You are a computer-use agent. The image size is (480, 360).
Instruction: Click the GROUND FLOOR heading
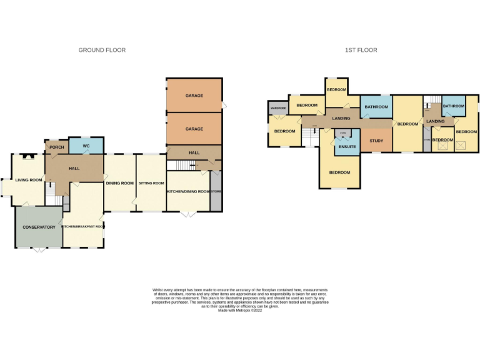[x=102, y=50]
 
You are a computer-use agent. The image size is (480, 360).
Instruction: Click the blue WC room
[x=87, y=146]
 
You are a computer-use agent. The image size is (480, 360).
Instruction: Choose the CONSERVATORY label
[x=39, y=227]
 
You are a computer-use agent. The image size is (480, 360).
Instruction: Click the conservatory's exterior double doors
[x=39, y=249]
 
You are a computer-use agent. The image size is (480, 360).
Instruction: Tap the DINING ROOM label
[x=119, y=183]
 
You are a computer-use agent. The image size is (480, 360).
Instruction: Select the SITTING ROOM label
[x=151, y=183]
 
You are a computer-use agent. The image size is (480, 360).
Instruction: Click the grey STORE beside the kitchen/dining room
[x=216, y=191]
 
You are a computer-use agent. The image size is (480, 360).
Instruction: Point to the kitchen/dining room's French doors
[x=187, y=214]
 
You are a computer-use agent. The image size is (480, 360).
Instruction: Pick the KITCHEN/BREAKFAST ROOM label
[x=83, y=227]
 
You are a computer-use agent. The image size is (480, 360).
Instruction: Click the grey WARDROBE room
[x=278, y=108]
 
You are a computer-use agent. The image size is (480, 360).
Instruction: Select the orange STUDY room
[x=376, y=141]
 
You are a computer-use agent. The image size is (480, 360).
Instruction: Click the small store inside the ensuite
[x=342, y=134]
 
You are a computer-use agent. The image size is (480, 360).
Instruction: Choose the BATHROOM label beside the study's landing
[x=376, y=107]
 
